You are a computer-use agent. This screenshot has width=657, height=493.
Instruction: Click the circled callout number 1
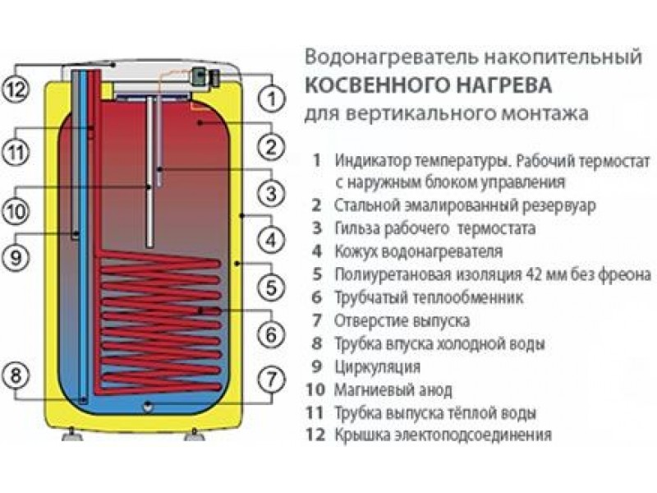[270, 99]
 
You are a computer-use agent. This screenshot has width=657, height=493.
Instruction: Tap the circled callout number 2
[270, 147]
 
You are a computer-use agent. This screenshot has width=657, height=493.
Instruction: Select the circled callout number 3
[270, 194]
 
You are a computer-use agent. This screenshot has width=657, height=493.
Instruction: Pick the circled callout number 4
[270, 241]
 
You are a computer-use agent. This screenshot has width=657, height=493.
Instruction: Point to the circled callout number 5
[270, 288]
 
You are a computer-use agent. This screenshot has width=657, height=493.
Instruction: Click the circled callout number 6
[270, 335]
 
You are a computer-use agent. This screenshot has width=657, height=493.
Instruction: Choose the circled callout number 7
[270, 380]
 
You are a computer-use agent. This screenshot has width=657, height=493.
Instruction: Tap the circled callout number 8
[17, 376]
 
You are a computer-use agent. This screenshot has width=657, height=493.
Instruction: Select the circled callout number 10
[17, 211]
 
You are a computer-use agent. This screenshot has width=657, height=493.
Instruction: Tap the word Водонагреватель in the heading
[374, 58]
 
